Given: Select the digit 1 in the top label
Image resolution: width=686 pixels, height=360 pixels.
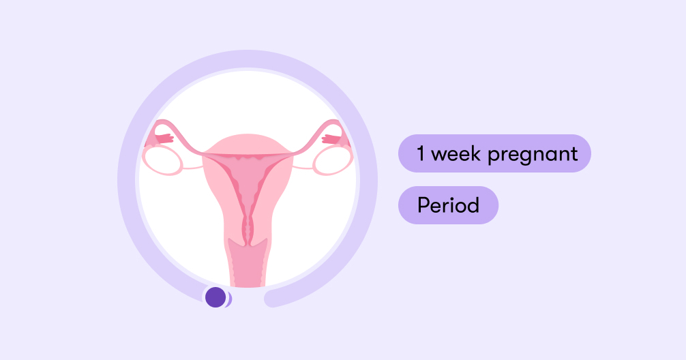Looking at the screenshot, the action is coord(421,153).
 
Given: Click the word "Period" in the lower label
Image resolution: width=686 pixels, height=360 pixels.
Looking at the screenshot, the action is coord(449,205).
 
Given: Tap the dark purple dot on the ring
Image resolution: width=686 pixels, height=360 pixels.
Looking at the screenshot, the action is coord(215,297).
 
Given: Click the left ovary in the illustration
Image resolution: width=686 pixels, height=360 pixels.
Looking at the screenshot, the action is coord(162,160).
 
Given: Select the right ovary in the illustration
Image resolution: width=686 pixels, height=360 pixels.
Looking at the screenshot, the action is coord(333,160).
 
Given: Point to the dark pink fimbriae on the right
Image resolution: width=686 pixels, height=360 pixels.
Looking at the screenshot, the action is coord(331,138).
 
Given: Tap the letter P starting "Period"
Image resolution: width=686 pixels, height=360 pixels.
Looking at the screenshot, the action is coord(423,205).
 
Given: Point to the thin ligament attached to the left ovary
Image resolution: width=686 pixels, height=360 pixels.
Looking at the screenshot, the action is coord(192,168).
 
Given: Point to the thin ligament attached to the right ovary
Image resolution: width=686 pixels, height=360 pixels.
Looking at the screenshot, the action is coord(303,168).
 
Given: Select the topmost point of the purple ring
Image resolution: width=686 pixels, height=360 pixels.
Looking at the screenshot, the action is coord(248,59).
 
